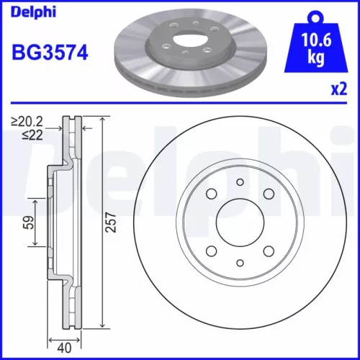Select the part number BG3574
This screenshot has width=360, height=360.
click(50, 53)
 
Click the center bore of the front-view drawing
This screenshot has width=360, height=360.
click(240, 222)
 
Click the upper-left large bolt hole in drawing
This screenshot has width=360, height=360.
click(211, 194)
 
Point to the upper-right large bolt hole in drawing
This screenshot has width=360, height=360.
click(268, 194)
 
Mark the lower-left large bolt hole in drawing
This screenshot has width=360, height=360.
click(211, 251)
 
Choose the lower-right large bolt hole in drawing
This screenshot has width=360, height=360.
click(268, 251)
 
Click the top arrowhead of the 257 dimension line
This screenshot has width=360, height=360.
click(103, 120)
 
